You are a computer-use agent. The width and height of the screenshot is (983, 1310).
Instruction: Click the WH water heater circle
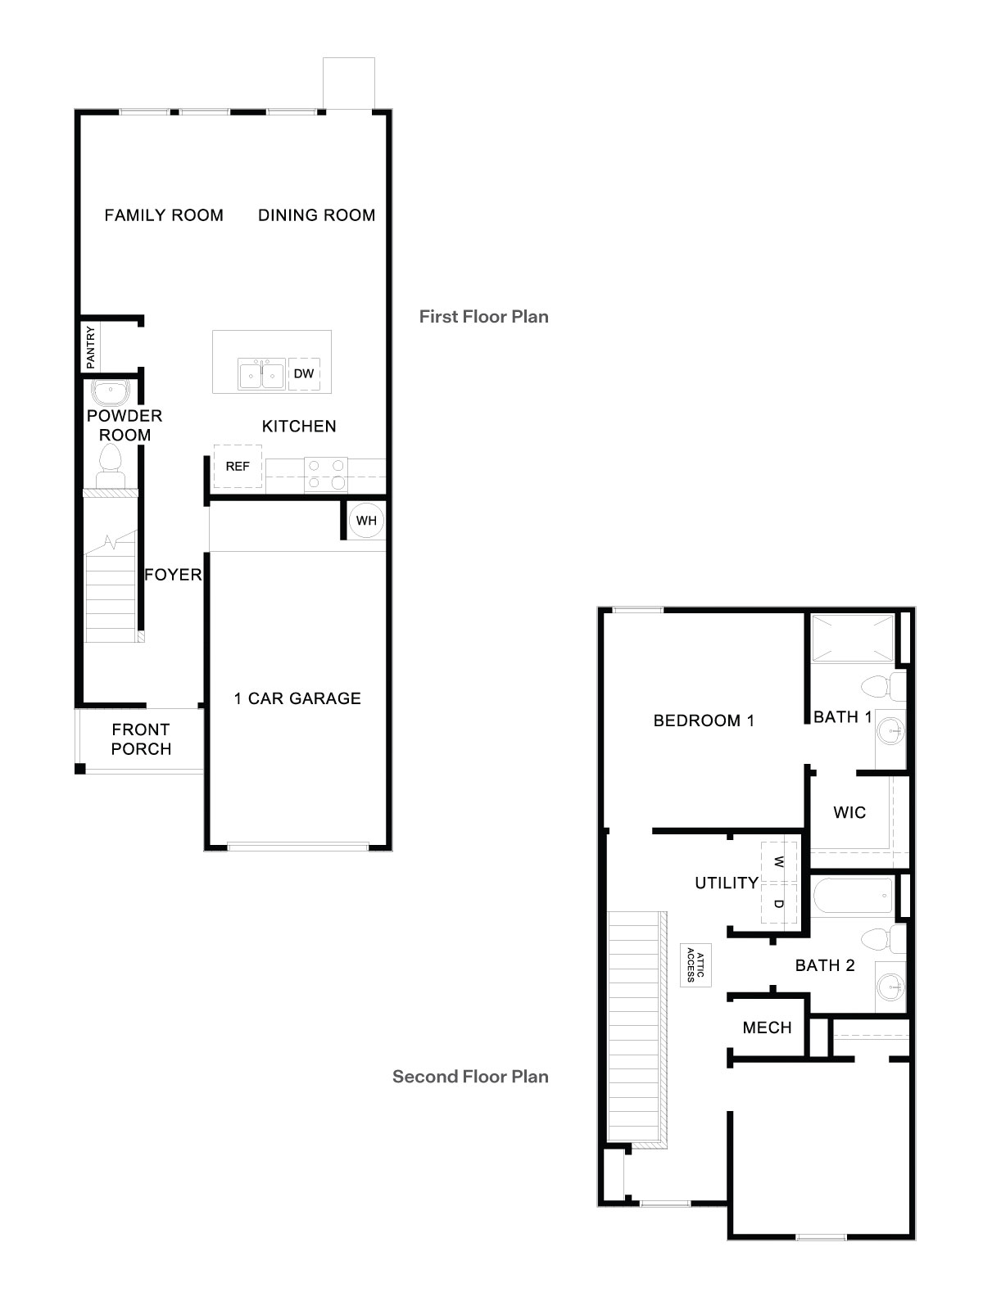tap(366, 521)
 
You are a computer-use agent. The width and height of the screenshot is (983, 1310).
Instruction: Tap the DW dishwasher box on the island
tap(304, 374)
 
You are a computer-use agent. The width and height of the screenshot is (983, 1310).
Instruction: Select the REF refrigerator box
tap(238, 467)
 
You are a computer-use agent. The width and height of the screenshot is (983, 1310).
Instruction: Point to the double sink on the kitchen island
tap(262, 375)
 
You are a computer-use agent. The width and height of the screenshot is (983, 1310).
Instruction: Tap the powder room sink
tap(108, 392)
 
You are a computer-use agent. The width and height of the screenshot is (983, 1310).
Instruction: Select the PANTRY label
tap(91, 346)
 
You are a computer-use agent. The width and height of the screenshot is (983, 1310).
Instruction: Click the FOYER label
tap(173, 575)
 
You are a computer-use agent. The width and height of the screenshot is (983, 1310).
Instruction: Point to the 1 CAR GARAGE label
tap(297, 698)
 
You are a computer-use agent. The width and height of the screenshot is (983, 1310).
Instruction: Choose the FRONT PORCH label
tap(142, 739)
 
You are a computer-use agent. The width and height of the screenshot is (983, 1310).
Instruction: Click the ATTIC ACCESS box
tap(695, 966)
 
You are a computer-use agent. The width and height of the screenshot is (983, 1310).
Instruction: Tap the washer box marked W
tap(779, 861)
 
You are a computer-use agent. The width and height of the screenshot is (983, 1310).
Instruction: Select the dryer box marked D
tap(779, 904)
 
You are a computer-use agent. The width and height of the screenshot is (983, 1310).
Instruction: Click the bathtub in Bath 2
tap(852, 897)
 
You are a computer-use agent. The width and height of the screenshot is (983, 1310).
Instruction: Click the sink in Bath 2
tap(890, 987)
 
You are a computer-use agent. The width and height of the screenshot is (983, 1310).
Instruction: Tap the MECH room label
tap(767, 1028)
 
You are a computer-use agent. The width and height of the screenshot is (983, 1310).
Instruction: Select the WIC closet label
tap(849, 813)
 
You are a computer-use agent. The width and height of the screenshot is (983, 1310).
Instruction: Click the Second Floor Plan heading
tap(470, 1077)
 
